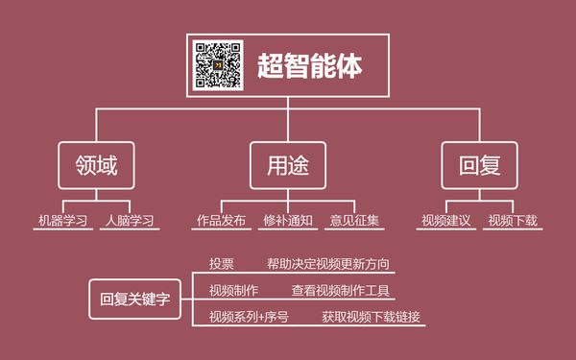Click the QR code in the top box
coord(217,66)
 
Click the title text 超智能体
coord(309,65)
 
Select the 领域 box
coord(95,165)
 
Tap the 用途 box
coord(288,165)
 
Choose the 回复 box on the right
coord(479,165)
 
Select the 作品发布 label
coord(221,221)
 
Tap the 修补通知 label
coord(288,221)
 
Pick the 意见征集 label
coord(354,221)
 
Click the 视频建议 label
coord(446,221)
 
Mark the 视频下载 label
coord(513,221)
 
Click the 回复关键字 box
coord(134,299)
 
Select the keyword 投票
coord(222,263)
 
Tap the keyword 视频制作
coord(233,290)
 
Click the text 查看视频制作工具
coord(341,290)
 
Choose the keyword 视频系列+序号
coord(249,317)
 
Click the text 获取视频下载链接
coord(371,317)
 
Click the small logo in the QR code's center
coord(217,66)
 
